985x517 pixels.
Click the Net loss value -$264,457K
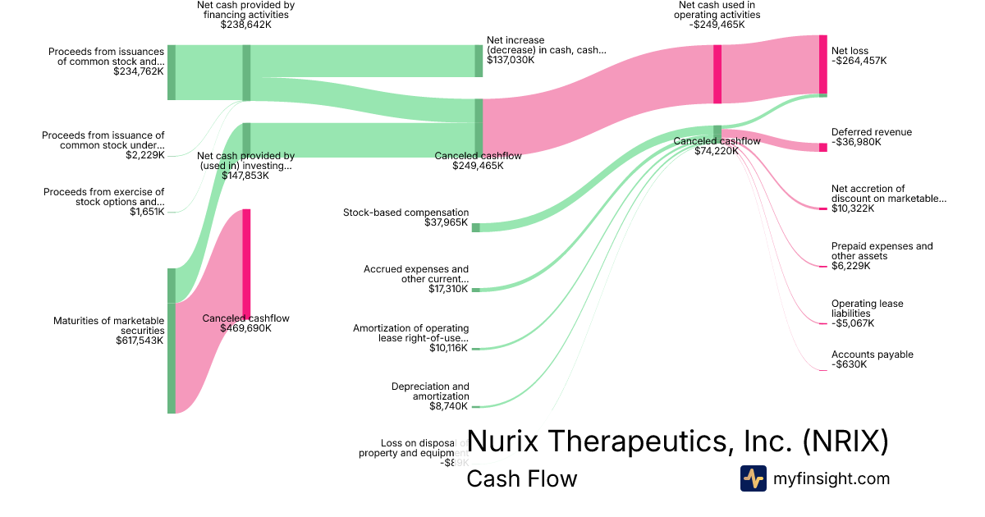859,61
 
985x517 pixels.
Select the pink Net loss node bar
823,65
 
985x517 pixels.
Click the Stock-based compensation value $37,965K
447,222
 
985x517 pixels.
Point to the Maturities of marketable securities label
110,326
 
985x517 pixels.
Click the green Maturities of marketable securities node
172,341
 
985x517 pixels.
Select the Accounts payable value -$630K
849,364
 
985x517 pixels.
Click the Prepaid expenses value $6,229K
852,266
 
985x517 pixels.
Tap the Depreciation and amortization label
430,391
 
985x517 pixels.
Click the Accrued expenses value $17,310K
447,289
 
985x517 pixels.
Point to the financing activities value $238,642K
245,25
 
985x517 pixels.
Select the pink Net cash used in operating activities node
717,74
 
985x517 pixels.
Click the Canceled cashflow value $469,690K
245,328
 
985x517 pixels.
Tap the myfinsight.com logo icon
753,478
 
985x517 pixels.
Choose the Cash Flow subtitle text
521,478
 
